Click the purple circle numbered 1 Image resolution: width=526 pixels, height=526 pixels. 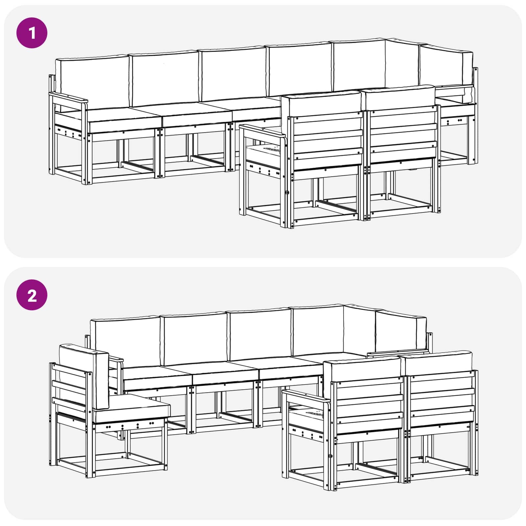click(x=32, y=33)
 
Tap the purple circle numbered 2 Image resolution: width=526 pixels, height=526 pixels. click(x=32, y=295)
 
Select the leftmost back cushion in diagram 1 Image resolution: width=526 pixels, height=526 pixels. click(x=92, y=82)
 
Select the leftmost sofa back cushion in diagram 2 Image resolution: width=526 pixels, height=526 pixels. click(x=126, y=342)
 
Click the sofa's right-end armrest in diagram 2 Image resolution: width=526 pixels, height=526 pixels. click(x=398, y=353)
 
